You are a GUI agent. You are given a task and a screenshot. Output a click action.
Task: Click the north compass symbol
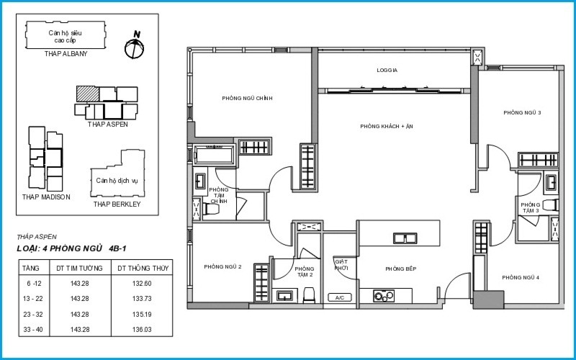134,48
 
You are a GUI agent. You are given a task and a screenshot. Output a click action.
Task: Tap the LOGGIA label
387,70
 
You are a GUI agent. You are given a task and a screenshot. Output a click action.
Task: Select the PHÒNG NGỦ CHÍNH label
247,99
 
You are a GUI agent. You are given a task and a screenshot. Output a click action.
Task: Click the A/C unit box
340,297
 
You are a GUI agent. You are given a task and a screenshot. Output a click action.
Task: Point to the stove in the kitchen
384,296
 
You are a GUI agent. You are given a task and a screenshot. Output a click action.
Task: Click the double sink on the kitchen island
405,238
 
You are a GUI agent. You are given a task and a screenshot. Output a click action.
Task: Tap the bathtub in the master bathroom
215,155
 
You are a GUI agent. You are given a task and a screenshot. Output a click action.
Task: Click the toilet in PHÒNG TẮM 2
309,295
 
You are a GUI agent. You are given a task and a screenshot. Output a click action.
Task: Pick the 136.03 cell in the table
142,330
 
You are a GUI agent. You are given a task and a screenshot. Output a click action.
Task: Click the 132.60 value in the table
142,284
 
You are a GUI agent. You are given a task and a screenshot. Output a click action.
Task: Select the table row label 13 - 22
32,299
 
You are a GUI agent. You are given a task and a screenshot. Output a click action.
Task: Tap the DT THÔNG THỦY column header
143,268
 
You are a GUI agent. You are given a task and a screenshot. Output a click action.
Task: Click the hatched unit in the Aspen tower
88,94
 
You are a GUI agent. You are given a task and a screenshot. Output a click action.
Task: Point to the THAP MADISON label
46,197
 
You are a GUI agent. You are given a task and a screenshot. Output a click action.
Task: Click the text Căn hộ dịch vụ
117,181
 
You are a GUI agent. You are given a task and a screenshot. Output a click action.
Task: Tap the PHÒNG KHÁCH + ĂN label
387,126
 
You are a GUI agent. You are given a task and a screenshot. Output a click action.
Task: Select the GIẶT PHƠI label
341,265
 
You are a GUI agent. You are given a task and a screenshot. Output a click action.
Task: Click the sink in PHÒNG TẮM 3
551,183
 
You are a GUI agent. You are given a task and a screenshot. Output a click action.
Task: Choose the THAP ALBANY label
66,53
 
